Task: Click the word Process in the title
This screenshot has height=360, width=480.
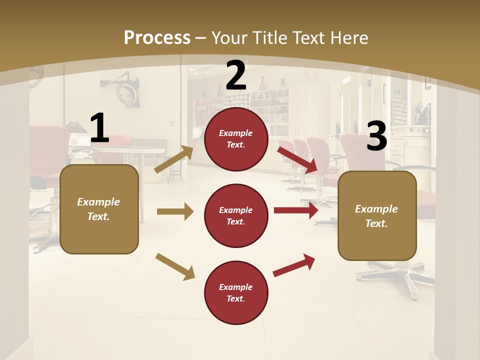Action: [x=157, y=37]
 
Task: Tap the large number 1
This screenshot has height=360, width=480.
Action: [x=99, y=128]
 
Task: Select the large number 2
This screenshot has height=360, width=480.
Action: [x=236, y=75]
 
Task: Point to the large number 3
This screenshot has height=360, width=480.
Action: [x=376, y=136]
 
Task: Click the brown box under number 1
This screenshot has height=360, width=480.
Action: [x=99, y=209]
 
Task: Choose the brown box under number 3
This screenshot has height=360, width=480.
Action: [x=377, y=216]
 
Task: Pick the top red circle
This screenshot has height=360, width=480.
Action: [x=236, y=139]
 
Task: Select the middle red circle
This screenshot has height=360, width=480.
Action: [x=236, y=216]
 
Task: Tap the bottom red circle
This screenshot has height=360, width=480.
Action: [x=236, y=293]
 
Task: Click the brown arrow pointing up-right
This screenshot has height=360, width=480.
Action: [x=174, y=159]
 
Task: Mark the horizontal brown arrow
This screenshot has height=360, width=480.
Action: [x=175, y=212]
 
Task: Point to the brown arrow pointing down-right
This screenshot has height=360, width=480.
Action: [x=175, y=266]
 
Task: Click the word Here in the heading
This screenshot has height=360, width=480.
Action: [x=349, y=37]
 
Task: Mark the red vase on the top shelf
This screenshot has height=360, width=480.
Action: [x=261, y=83]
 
